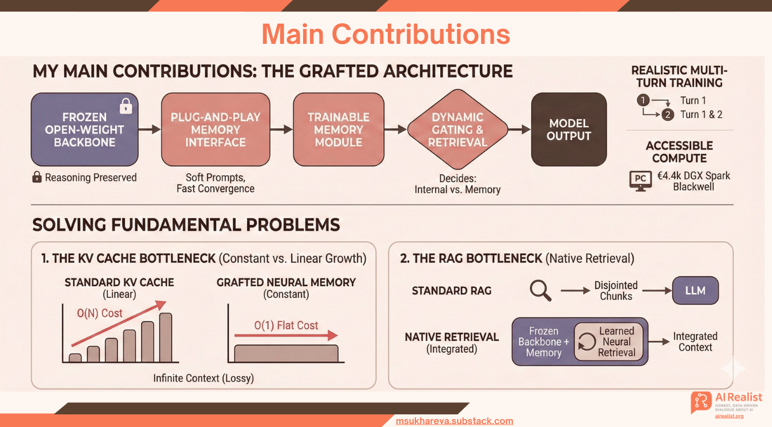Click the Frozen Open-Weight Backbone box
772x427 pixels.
point(85,130)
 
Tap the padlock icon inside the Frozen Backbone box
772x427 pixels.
point(125,106)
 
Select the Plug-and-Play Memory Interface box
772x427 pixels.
point(215,130)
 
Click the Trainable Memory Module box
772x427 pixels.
point(338,130)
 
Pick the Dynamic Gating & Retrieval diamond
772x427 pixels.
point(457,130)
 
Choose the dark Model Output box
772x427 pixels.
point(569,130)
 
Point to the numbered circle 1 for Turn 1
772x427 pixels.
point(643,100)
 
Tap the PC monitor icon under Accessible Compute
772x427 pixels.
point(640,180)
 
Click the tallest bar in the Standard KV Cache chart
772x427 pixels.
point(165,337)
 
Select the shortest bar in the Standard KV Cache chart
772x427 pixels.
point(75,358)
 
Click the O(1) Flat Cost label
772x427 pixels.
point(286,325)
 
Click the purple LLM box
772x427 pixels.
point(695,290)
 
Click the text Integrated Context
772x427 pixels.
point(695,342)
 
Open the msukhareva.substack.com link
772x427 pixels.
point(455,421)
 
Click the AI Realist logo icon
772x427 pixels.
point(701,402)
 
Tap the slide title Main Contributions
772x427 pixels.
point(385,34)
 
